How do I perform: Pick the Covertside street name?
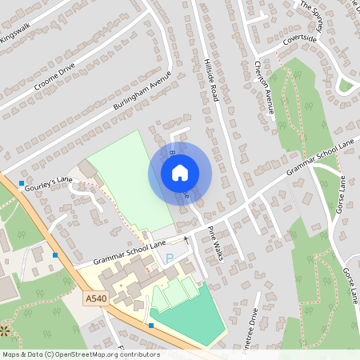(299, 38)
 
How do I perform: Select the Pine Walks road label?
(215, 243)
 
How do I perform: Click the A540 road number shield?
(94, 298)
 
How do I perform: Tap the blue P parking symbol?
(169, 257)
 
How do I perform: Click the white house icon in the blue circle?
(180, 172)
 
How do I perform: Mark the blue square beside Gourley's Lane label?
(21, 183)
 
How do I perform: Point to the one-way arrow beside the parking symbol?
(187, 239)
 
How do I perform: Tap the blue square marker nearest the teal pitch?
(151, 326)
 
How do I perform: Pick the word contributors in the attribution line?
(138, 354)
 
